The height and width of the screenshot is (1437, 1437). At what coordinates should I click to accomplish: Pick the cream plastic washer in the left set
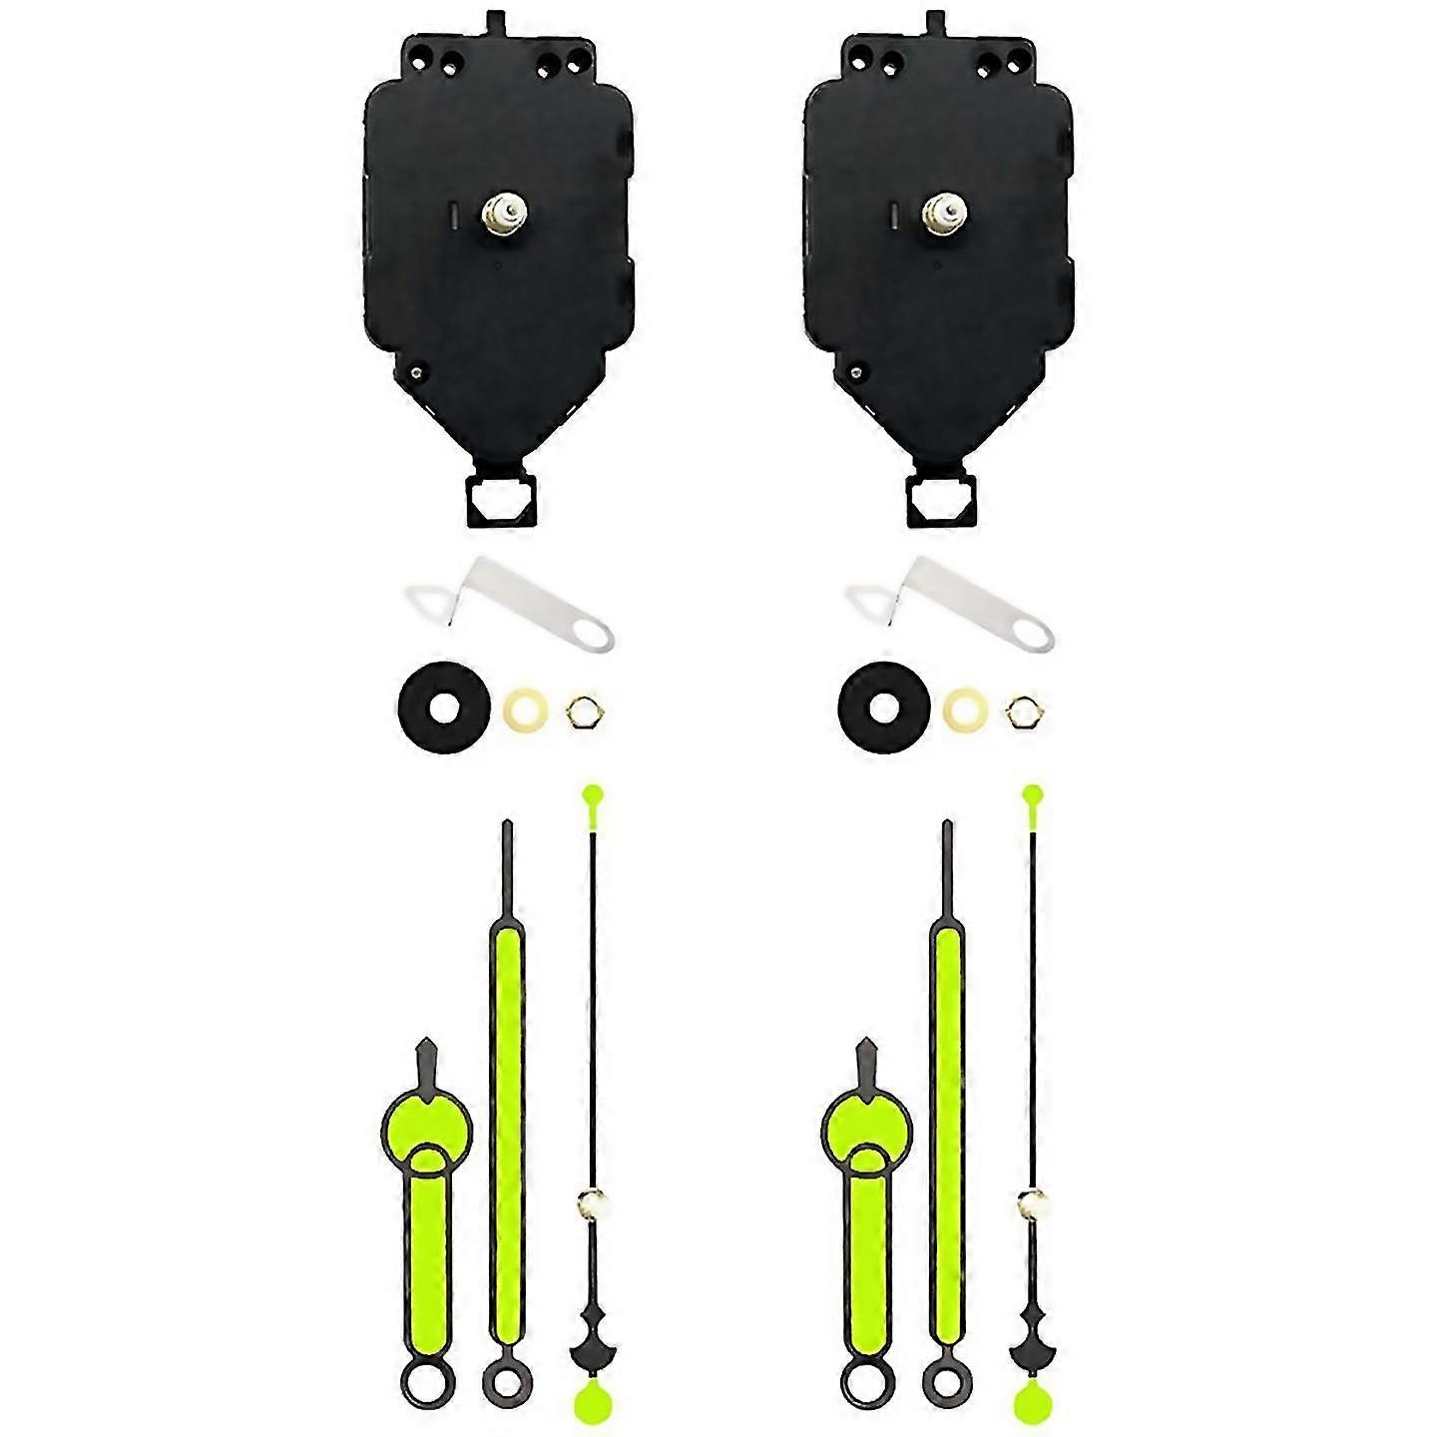(x=524, y=711)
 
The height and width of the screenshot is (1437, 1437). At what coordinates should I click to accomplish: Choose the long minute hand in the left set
(x=507, y=1098)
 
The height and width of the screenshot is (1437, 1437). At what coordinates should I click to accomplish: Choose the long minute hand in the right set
(x=946, y=1098)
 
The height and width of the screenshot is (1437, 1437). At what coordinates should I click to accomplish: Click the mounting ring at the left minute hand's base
(x=507, y=1381)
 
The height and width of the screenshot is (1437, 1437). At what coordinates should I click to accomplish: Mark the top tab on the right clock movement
(x=936, y=21)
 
